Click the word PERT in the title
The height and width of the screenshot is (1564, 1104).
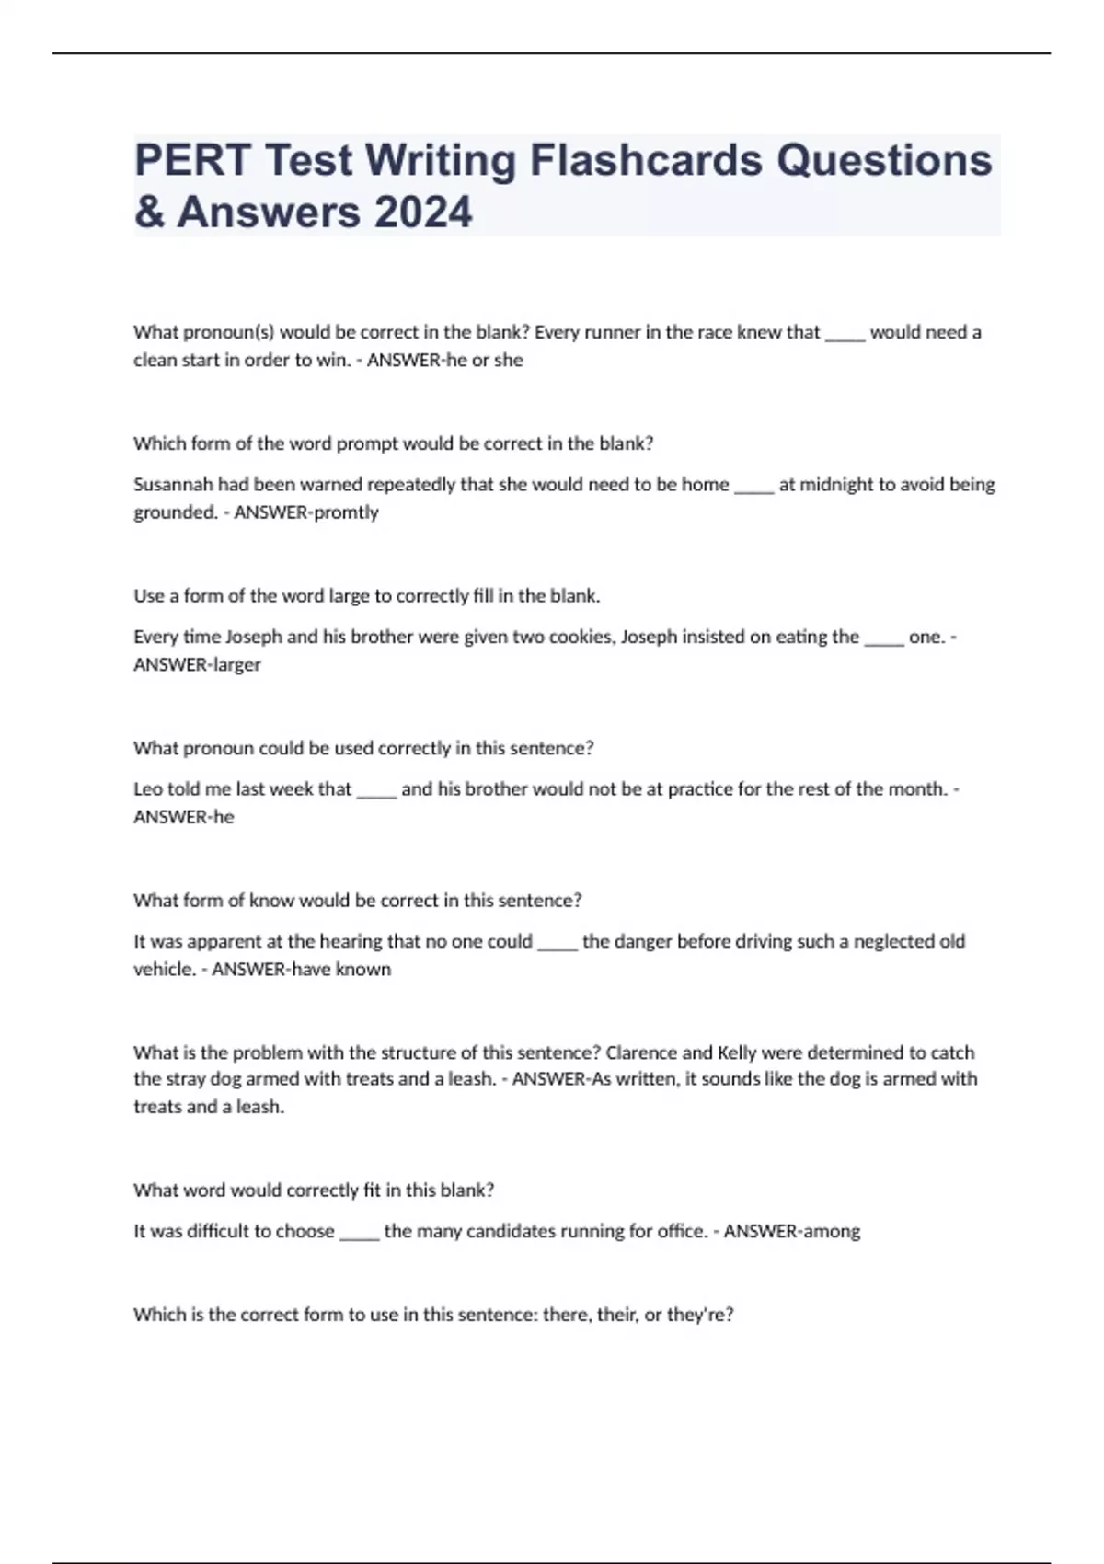192,160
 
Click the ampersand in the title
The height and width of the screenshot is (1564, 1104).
148,212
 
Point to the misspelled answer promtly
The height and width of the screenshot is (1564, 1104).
347,512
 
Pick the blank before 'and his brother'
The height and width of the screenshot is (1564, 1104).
375,790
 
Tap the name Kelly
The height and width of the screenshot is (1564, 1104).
736,1052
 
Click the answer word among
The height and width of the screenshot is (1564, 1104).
832,1231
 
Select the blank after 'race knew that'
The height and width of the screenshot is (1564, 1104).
845,334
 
